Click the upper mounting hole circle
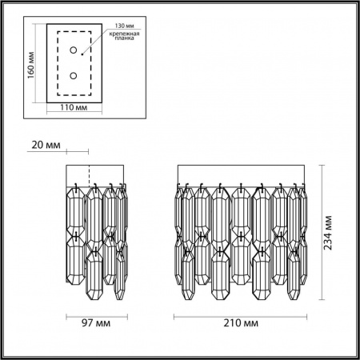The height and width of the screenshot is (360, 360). point(74,51)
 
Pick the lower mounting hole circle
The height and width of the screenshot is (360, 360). point(74,76)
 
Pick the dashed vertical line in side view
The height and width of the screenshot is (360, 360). point(87,175)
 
